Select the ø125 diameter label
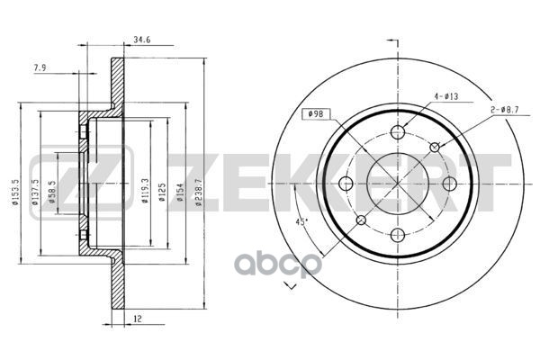[x=162, y=192]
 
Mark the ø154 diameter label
[x=180, y=193]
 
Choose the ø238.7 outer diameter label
[x=197, y=193]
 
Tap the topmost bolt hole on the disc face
[x=398, y=132]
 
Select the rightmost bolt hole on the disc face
[x=449, y=184]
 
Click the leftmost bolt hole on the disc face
[x=346, y=184]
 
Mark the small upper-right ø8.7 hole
[x=435, y=148]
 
